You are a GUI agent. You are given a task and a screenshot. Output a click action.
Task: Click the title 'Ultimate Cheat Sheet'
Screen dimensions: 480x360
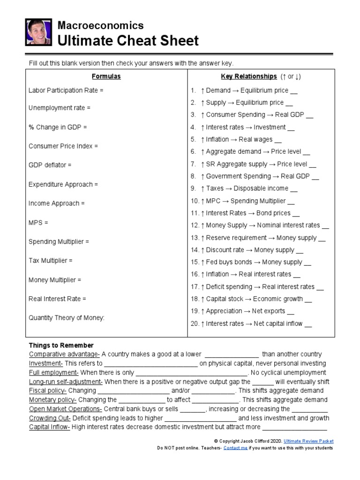click(x=127, y=41)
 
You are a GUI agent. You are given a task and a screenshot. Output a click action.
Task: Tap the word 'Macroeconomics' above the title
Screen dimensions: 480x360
click(x=100, y=25)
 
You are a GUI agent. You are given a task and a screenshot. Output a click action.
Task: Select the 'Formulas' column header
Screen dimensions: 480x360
click(x=106, y=76)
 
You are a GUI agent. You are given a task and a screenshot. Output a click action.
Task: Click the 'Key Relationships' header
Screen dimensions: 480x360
click(x=248, y=76)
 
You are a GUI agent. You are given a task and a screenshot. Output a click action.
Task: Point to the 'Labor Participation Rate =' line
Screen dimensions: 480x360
click(x=66, y=90)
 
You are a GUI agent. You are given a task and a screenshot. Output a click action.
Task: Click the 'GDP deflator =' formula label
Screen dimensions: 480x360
click(x=50, y=165)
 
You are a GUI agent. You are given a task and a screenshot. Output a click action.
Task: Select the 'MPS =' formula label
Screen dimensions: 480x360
click(x=38, y=223)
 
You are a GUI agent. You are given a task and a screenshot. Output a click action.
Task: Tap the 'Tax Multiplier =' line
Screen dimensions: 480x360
click(x=51, y=261)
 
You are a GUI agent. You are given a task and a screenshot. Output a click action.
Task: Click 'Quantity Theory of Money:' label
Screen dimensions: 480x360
click(x=67, y=318)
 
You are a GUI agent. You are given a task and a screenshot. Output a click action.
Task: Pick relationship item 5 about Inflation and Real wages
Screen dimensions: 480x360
click(x=236, y=139)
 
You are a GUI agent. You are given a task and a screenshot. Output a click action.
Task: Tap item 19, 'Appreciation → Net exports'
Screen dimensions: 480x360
click(x=242, y=311)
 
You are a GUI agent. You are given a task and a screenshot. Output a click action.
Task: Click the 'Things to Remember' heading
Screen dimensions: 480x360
click(x=61, y=345)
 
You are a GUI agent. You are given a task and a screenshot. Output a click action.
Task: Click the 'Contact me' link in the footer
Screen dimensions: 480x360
click(x=235, y=448)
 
